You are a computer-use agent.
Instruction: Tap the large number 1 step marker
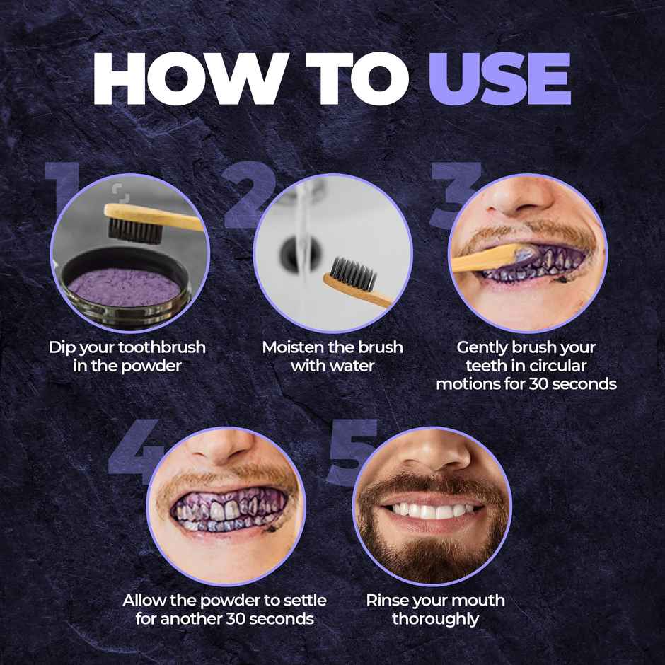coord(62,191)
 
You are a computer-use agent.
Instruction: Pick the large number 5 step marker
coord(351,453)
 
